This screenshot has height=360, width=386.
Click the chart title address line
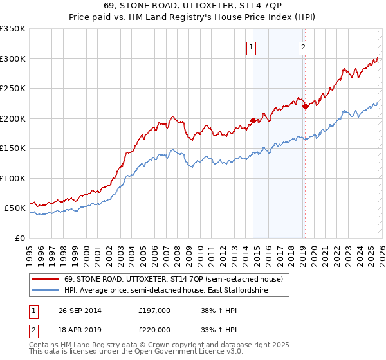pyautogui.click(x=193, y=8)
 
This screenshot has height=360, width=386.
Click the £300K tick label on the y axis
pyautogui.click(x=13, y=59)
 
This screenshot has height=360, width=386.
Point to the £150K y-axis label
pyautogui.click(x=13, y=148)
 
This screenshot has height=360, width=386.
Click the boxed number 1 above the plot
pyautogui.click(x=250, y=46)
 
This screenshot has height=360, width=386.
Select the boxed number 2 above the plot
pyautogui.click(x=302, y=46)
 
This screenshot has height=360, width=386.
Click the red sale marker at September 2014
pyautogui.click(x=253, y=120)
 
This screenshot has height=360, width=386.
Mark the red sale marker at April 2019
pyautogui.click(x=305, y=107)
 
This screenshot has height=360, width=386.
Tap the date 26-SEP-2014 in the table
pyautogui.click(x=79, y=310)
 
